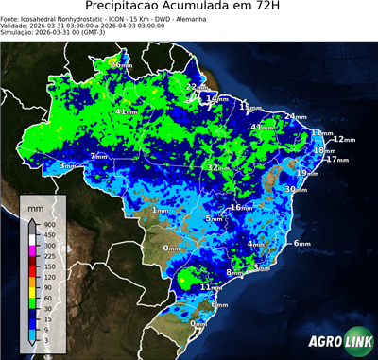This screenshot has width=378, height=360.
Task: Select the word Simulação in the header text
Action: coord(20,33)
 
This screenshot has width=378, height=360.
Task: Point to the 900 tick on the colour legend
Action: coord(47,224)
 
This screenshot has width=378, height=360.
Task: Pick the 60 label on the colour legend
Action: coord(47,300)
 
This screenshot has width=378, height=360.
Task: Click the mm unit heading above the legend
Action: coord(35,206)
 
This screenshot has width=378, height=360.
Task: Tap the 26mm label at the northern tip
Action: coord(120,64)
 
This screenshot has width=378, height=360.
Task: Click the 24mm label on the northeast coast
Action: coord(296,116)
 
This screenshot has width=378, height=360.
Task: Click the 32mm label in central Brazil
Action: coord(218,167)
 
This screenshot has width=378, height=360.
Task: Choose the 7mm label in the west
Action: coord(98,156)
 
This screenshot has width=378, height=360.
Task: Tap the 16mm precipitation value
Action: coord(242,207)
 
